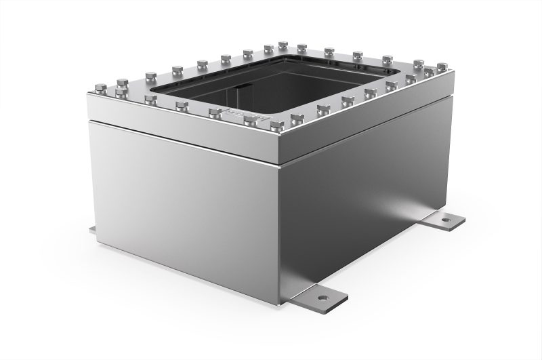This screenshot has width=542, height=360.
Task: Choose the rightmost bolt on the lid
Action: tap(442, 66)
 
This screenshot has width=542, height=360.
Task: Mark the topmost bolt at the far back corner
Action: tap(283, 45)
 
